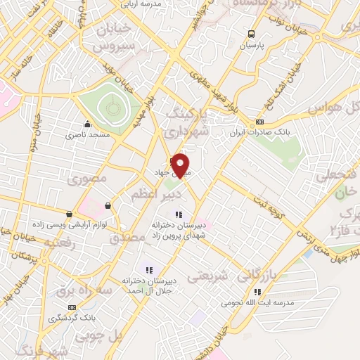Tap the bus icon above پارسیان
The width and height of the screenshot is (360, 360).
(251, 34)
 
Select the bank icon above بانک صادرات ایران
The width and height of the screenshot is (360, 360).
(260, 121)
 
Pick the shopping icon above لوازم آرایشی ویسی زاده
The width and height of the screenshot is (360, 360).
(69, 214)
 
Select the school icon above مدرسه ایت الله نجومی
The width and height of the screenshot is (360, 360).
(257, 292)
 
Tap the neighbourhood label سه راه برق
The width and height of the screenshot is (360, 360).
(85, 289)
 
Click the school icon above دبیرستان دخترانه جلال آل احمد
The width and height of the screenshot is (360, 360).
(148, 270)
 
